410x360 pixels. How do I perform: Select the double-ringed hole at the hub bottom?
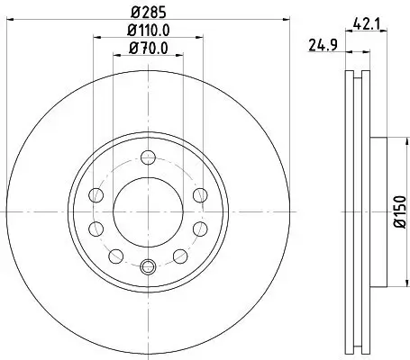[x=149, y=265]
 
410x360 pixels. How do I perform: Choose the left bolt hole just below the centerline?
[x=96, y=227]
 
